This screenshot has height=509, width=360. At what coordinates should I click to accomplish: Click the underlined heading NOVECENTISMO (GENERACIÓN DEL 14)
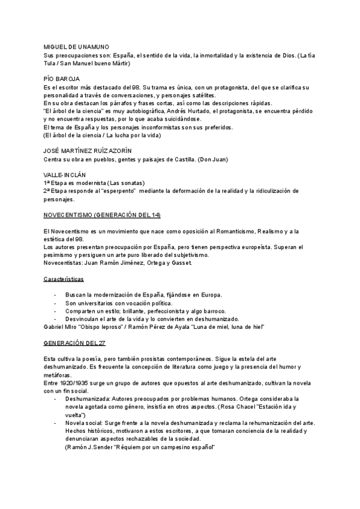coord(102,215)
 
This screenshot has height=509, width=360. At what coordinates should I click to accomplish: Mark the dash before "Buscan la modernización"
coord(56,295)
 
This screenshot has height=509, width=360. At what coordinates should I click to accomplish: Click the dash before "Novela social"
coord(56,423)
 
